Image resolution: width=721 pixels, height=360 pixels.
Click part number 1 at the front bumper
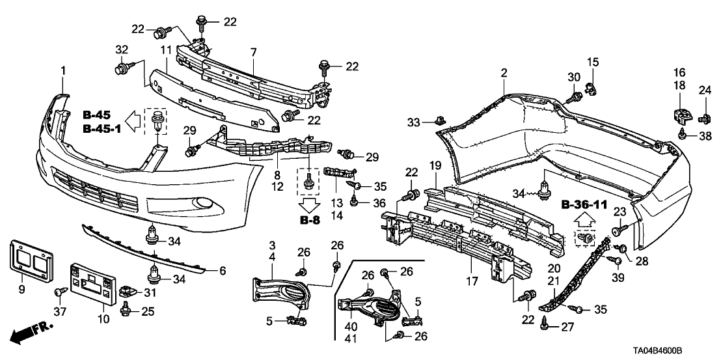click(63, 70)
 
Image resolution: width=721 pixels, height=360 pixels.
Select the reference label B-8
click(310, 219)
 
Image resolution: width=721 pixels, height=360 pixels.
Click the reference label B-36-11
click(584, 205)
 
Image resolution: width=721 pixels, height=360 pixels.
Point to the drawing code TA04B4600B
click(679, 350)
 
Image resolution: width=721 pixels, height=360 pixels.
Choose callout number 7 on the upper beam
click(253, 51)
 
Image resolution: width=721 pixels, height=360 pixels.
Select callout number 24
click(703, 90)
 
